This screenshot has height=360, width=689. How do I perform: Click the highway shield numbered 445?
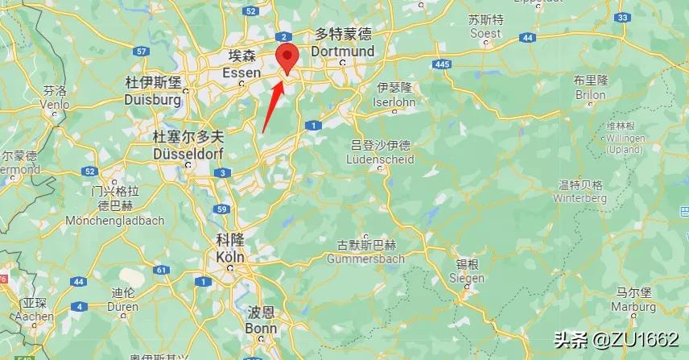pyautogui.click(x=441, y=64)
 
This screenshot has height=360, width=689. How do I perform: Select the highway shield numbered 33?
pyautogui.click(x=621, y=18)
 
